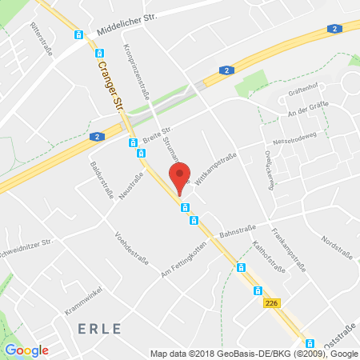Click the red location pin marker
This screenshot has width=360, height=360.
(181, 175)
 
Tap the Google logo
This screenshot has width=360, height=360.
(27, 350)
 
